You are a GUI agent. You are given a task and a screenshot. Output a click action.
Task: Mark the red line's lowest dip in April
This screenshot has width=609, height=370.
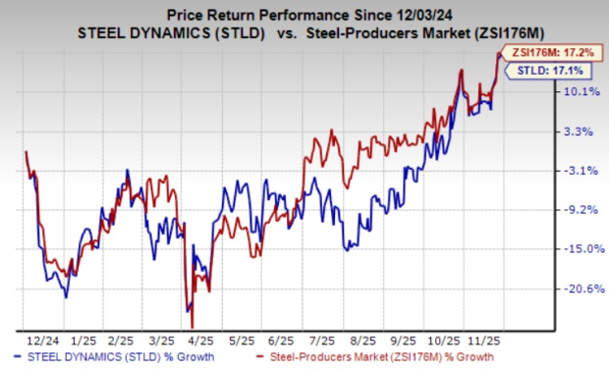[193, 327]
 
